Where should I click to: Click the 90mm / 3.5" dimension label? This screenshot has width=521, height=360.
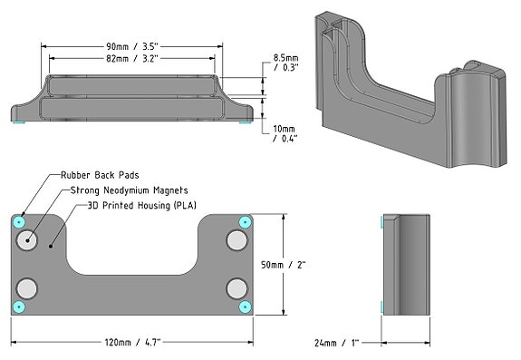(x=130, y=47)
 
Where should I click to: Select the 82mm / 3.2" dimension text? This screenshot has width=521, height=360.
(x=130, y=60)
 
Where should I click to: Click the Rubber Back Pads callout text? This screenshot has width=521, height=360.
(x=100, y=174)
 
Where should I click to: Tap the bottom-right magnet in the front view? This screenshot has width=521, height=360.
(x=237, y=288)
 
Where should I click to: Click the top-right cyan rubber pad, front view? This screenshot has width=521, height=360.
(x=244, y=222)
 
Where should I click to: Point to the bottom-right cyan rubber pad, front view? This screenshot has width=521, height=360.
(x=244, y=307)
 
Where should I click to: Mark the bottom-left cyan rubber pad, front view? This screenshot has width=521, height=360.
(x=20, y=307)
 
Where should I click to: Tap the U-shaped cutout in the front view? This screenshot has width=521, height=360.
(x=132, y=245)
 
